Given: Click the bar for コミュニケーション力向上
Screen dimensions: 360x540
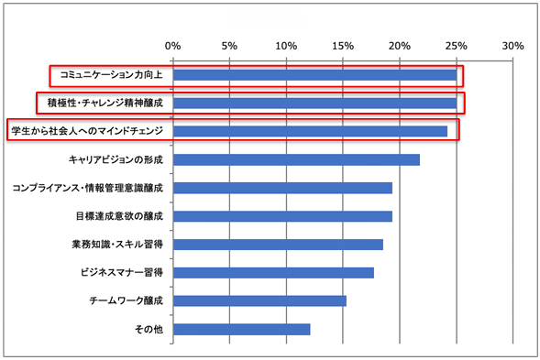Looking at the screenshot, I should [x=314, y=75].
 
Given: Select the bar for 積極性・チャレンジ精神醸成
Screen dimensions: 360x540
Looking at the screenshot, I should [x=314, y=104].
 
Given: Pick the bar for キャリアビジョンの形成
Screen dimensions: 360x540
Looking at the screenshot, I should [x=295, y=160].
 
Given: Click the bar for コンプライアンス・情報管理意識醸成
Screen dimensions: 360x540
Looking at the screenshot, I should [x=281, y=189].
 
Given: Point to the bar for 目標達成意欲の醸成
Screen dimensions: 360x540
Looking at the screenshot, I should [x=281, y=216].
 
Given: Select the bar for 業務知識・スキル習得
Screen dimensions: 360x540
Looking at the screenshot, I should [x=277, y=245].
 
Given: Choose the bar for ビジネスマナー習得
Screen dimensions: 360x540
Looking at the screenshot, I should [x=272, y=273].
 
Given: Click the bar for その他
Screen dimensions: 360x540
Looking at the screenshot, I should [x=240, y=330].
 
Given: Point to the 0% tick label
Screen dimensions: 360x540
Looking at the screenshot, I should [x=171, y=45].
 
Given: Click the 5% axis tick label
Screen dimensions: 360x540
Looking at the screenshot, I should [x=228, y=45].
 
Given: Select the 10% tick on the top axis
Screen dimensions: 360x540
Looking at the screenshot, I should [x=285, y=45].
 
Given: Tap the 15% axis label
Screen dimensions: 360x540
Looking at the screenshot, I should [x=342, y=45].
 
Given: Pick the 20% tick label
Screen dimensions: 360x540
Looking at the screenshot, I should [x=399, y=45].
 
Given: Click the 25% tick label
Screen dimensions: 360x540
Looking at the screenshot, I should [x=456, y=45].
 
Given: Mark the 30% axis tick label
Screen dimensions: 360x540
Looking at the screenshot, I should [x=512, y=45].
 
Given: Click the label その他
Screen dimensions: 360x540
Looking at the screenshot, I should [x=149, y=330].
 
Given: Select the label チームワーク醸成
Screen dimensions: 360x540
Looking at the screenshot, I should [x=126, y=301].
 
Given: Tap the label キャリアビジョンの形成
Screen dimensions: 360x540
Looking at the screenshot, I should [x=116, y=160].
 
